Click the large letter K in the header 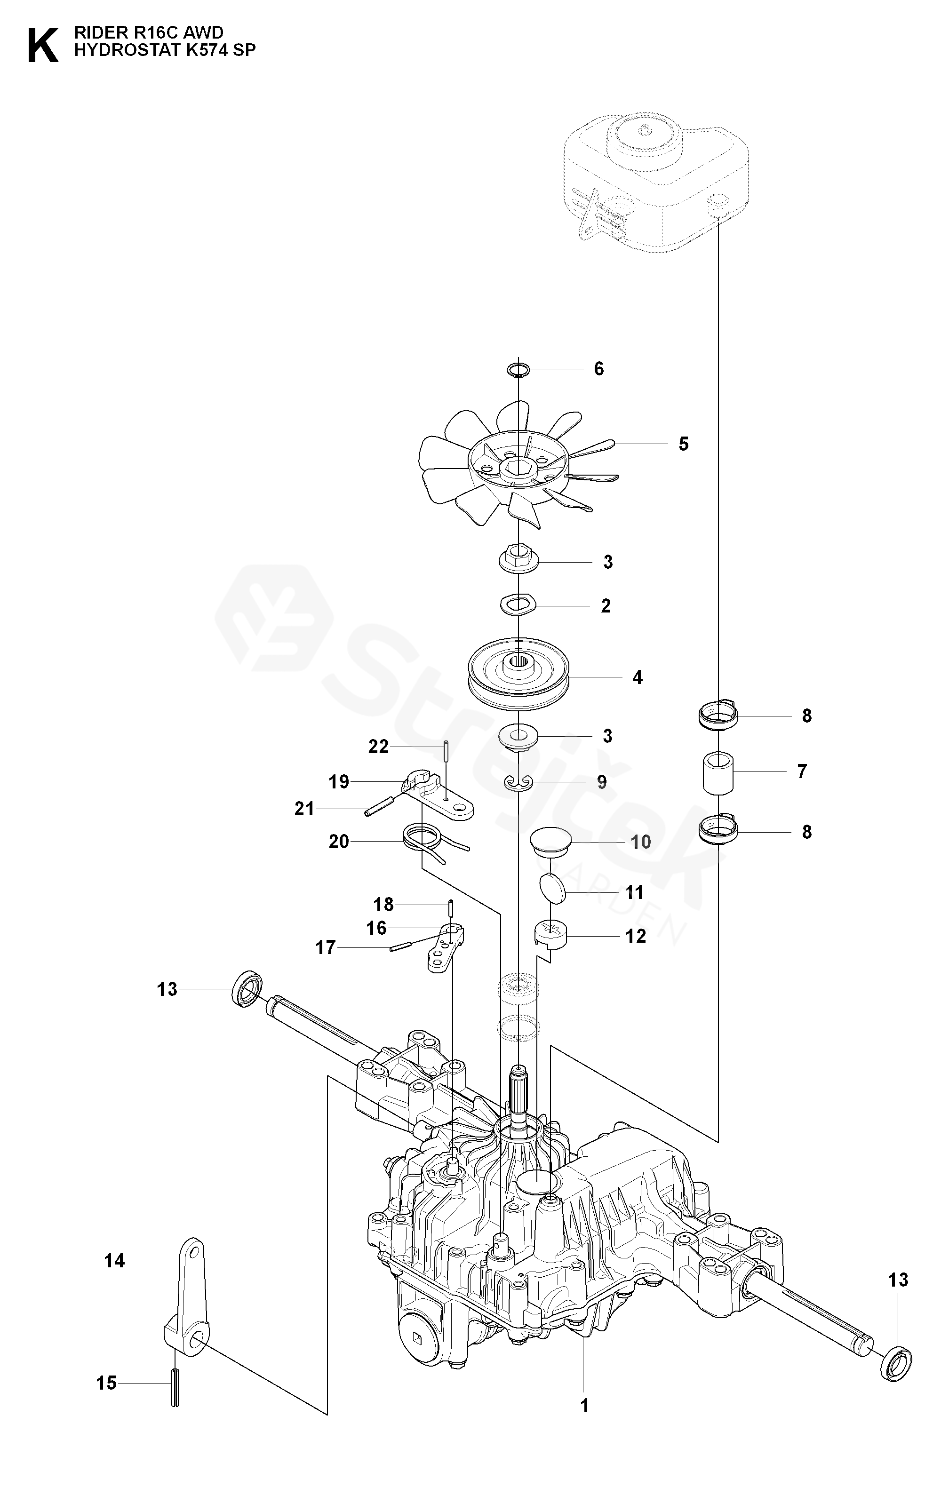(x=43, y=45)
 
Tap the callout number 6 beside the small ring (x=598, y=369)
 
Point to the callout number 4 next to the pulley (x=637, y=677)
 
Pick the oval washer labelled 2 (x=518, y=604)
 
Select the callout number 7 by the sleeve (x=802, y=771)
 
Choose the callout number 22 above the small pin (x=378, y=746)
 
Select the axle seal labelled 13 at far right (x=896, y=1368)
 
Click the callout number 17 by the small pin (x=326, y=947)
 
